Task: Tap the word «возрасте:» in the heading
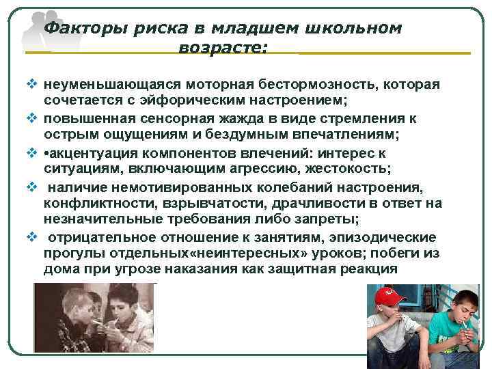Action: pos(223,48)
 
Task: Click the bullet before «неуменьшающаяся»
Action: pos(32,85)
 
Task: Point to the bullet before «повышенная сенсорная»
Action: pos(32,118)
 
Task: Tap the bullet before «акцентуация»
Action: pos(32,152)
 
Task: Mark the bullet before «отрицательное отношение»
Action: pos(32,236)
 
